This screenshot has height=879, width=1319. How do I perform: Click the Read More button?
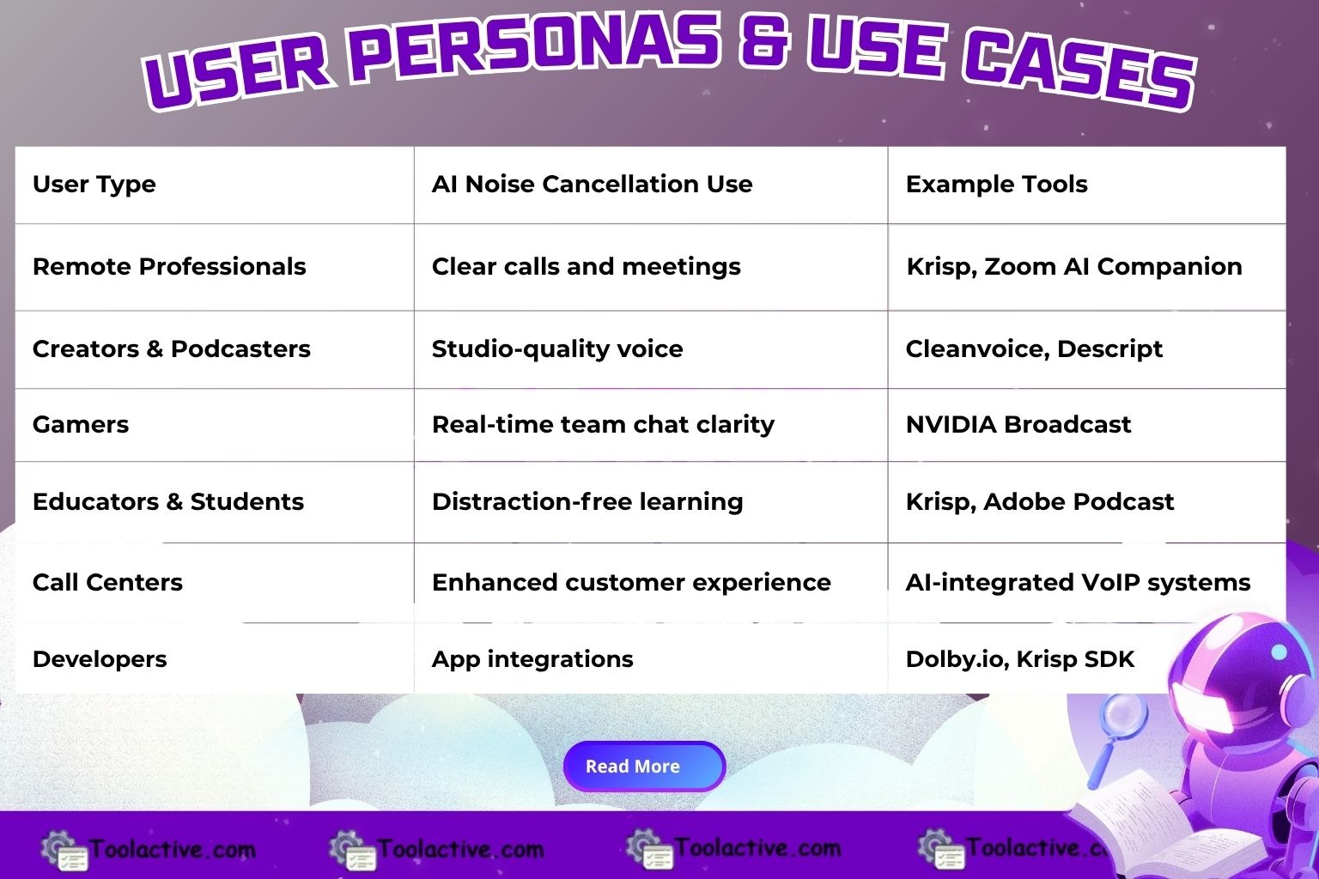(644, 766)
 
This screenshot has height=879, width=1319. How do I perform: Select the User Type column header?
(94, 185)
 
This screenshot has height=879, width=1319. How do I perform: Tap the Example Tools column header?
(996, 185)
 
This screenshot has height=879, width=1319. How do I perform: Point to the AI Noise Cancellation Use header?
(592, 185)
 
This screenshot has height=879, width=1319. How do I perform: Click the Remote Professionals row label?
(169, 267)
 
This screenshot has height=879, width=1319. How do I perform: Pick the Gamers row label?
(81, 425)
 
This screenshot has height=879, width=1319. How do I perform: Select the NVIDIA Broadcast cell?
(1018, 425)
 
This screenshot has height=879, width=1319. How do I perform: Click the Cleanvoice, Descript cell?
(1034, 349)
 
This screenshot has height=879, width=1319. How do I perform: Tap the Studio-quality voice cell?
(557, 349)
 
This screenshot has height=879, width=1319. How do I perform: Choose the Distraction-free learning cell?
(587, 501)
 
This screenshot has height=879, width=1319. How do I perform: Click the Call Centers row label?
(107, 582)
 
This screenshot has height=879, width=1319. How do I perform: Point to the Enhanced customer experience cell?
(631, 582)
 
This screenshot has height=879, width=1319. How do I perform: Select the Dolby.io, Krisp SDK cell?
(1020, 659)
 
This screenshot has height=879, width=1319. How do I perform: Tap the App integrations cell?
(532, 659)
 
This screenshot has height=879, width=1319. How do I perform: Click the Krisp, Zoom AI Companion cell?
(1074, 267)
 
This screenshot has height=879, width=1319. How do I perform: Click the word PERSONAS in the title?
(533, 47)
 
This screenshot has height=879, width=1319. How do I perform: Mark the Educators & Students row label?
(168, 501)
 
